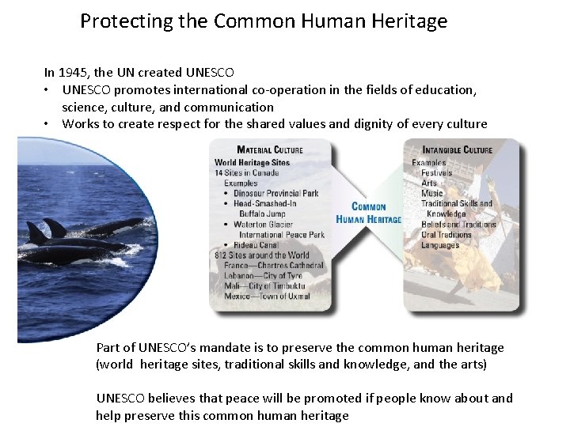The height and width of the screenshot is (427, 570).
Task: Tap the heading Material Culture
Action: [x=270, y=150]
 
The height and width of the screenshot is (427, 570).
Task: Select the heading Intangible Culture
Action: [x=457, y=150]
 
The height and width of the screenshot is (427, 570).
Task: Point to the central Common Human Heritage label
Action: [x=368, y=213]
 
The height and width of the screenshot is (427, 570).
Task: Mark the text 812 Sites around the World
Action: [x=261, y=255]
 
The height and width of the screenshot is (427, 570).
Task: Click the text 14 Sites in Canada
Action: [x=246, y=172]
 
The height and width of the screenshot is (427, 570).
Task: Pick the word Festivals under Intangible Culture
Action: [x=436, y=172]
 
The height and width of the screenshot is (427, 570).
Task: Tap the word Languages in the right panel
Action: [x=440, y=245]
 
